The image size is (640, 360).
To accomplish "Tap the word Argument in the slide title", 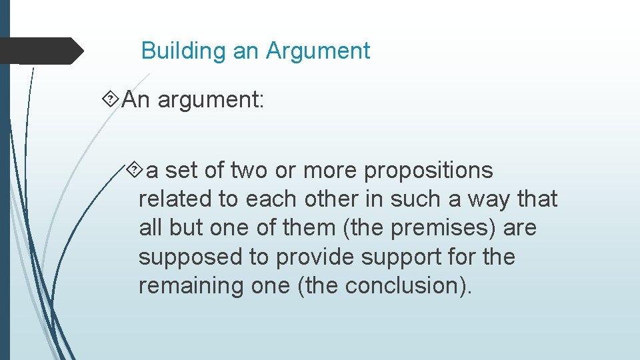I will click(x=318, y=51).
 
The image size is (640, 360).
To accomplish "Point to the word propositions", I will click(x=428, y=171).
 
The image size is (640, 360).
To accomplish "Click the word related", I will click(x=167, y=199).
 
